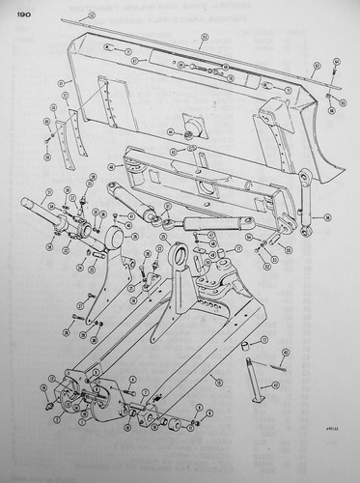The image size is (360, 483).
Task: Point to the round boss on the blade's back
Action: (x=180, y=133)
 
